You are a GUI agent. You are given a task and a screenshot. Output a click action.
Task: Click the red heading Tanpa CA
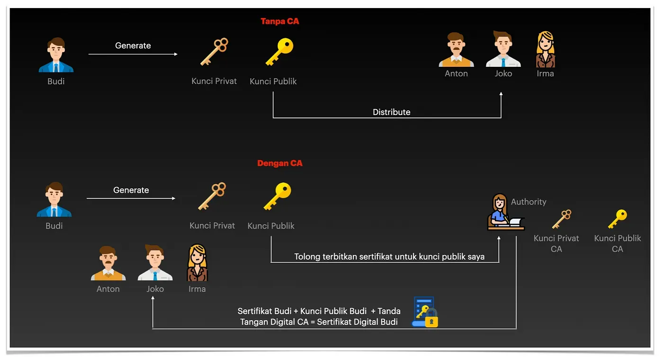pos(280,21)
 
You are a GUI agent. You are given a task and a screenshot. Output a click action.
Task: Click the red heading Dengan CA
pos(280,163)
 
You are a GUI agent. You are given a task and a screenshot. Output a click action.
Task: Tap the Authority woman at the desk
pos(506,212)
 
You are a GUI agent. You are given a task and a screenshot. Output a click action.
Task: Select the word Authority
pos(529,202)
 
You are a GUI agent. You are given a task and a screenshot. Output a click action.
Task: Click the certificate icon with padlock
pos(425,312)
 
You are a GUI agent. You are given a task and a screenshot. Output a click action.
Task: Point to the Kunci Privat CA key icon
pos(562,219)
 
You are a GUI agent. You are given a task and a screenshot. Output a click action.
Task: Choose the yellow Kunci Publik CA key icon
pos(618,219)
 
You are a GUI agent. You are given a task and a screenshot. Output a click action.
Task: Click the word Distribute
pos(391,112)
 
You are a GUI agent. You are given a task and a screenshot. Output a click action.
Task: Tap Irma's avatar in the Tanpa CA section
pos(545,49)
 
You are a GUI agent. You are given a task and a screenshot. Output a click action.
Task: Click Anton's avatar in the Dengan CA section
pos(108,263)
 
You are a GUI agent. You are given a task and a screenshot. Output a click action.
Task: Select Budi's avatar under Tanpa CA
pos(56,55)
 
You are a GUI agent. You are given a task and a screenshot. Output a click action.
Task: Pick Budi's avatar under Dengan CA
pos(54,199)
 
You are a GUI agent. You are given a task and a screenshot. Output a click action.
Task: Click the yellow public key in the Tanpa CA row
pos(279,52)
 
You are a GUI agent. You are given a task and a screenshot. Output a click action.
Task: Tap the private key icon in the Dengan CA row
pos(212,196)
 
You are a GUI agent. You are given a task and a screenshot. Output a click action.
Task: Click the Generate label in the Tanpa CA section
pos(133,45)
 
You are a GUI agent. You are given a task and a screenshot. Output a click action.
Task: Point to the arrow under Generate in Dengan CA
pos(131,198)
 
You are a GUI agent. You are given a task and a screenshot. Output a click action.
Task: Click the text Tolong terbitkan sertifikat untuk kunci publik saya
pos(389,256)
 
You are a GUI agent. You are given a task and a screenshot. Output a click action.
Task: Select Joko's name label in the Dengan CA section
pos(155,289)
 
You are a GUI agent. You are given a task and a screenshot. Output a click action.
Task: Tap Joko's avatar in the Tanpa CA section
pos(503,49)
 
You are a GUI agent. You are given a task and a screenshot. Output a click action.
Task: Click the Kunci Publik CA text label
pos(618,243)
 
